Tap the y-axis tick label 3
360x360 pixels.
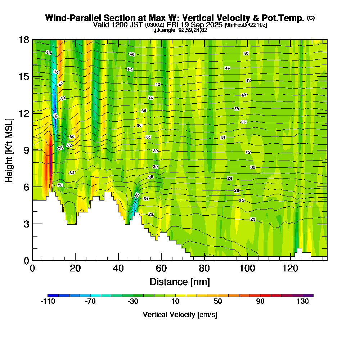pyautogui.click(x=26, y=224)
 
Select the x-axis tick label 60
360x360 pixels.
pyautogui.click(x=161, y=269)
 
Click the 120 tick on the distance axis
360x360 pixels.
pyautogui.click(x=289, y=269)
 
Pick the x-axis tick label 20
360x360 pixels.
pyautogui.click(x=75, y=269)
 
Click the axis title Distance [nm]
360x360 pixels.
pyautogui.click(x=180, y=282)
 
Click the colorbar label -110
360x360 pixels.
pyautogui.click(x=48, y=302)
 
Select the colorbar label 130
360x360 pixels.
pyautogui.click(x=303, y=302)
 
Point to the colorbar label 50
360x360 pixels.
pyautogui.click(x=217, y=302)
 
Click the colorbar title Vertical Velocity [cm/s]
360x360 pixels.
pyautogui.click(x=180, y=315)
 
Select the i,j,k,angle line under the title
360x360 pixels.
pyautogui.click(x=180, y=30)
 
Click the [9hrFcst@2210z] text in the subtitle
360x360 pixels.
pyautogui.click(x=245, y=25)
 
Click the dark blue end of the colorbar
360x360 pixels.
pyautogui.click(x=50, y=295)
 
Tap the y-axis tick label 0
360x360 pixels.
pyautogui.click(x=26, y=261)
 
